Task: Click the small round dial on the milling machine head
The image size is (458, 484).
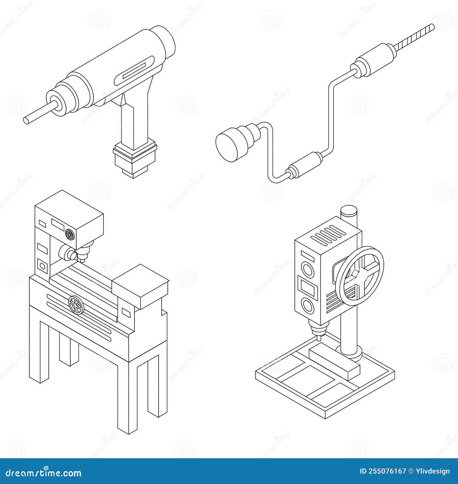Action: (70, 235)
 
